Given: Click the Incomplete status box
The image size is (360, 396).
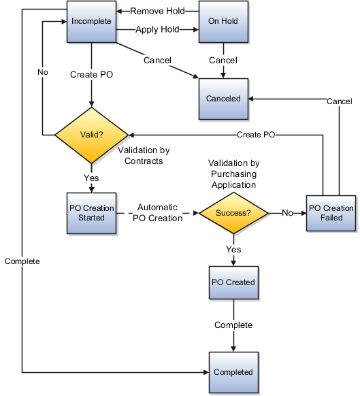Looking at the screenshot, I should pyautogui.click(x=91, y=22).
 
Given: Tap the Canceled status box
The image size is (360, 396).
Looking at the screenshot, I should pyautogui.click(x=224, y=99).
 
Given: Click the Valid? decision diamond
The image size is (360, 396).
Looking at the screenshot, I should pyautogui.click(x=91, y=135).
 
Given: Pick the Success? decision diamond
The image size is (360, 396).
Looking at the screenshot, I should pyautogui.click(x=233, y=213).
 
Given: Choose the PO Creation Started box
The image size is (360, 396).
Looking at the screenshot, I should pyautogui.click(x=91, y=213).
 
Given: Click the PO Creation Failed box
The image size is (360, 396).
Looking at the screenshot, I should pyautogui.click(x=331, y=213).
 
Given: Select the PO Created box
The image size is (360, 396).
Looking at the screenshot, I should pyautogui.click(x=233, y=282).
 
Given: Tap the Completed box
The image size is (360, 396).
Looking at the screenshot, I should pyautogui.click(x=233, y=372).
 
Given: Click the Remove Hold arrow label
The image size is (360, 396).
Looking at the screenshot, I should pyautogui.click(x=158, y=12).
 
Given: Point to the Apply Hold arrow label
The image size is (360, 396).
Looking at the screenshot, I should pyautogui.click(x=158, y=30).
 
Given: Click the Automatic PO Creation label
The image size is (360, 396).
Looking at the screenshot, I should pyautogui.click(x=158, y=213).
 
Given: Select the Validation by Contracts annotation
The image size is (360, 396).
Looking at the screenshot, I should pyautogui.click(x=144, y=155).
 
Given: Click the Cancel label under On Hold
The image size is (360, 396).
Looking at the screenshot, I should pyautogui.click(x=223, y=61).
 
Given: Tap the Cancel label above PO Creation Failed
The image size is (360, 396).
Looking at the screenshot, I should pyautogui.click(x=339, y=101).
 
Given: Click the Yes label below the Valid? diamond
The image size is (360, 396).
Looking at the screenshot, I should pyautogui.click(x=91, y=178).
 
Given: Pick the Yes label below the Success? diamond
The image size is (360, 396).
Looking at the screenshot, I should pyautogui.click(x=233, y=250).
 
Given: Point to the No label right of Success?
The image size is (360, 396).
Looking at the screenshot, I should pyautogui.click(x=287, y=213).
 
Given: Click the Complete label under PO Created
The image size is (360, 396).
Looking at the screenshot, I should pyautogui.click(x=233, y=325).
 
